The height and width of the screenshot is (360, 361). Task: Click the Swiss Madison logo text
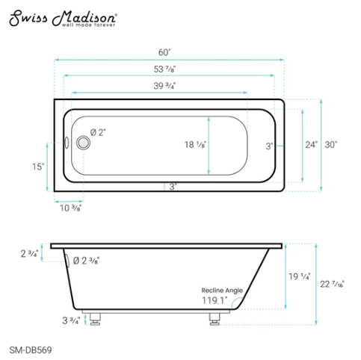coord(62,16)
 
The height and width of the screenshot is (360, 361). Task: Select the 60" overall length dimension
coord(165,52)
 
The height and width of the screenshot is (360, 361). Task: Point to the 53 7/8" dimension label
coord(165,69)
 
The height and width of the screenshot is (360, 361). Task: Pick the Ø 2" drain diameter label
coord(98,132)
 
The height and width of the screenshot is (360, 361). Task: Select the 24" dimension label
coord(310,144)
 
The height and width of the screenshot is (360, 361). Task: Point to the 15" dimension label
coord(38,166)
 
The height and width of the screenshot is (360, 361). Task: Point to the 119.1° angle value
coord(215,300)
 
